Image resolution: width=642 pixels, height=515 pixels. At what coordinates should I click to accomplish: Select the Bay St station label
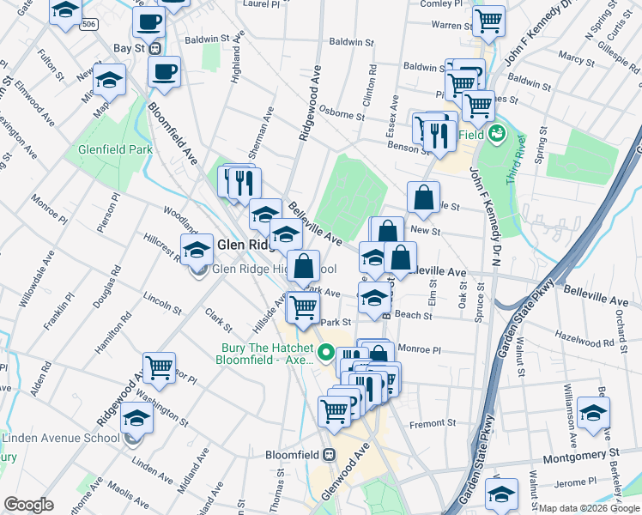pyautogui.click(x=128, y=49)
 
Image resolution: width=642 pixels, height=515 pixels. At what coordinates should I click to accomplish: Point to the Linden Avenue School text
pyautogui.click(x=60, y=439)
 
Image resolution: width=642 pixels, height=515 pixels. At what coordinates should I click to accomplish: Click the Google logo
pyautogui.click(x=27, y=506)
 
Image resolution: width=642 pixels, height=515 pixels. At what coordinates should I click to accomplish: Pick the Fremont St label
pyautogui.click(x=433, y=423)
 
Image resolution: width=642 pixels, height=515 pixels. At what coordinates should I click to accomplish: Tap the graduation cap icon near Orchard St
pyautogui.click(x=593, y=412)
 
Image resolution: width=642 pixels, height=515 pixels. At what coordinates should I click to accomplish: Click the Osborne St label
pyautogui.click(x=342, y=109)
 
